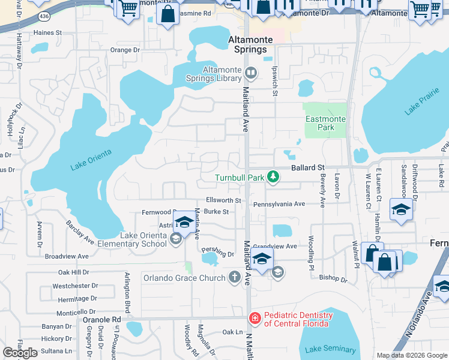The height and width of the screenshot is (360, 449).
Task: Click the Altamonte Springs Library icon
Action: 251,74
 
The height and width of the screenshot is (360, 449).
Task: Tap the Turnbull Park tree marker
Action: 273,176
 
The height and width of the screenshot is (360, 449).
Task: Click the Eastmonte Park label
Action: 325,123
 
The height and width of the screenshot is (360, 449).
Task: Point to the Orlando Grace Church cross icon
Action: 234,277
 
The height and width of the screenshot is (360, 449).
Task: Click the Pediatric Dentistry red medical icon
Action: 255,316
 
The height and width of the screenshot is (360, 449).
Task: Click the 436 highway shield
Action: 41,14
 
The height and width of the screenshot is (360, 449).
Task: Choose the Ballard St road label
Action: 308,167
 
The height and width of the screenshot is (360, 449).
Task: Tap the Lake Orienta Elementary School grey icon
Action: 175,239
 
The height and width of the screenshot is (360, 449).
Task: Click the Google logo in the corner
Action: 20,353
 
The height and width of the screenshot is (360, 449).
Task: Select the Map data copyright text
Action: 411,355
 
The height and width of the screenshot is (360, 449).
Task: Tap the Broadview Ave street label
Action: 67,256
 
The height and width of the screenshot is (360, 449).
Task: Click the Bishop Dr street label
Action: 333,278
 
